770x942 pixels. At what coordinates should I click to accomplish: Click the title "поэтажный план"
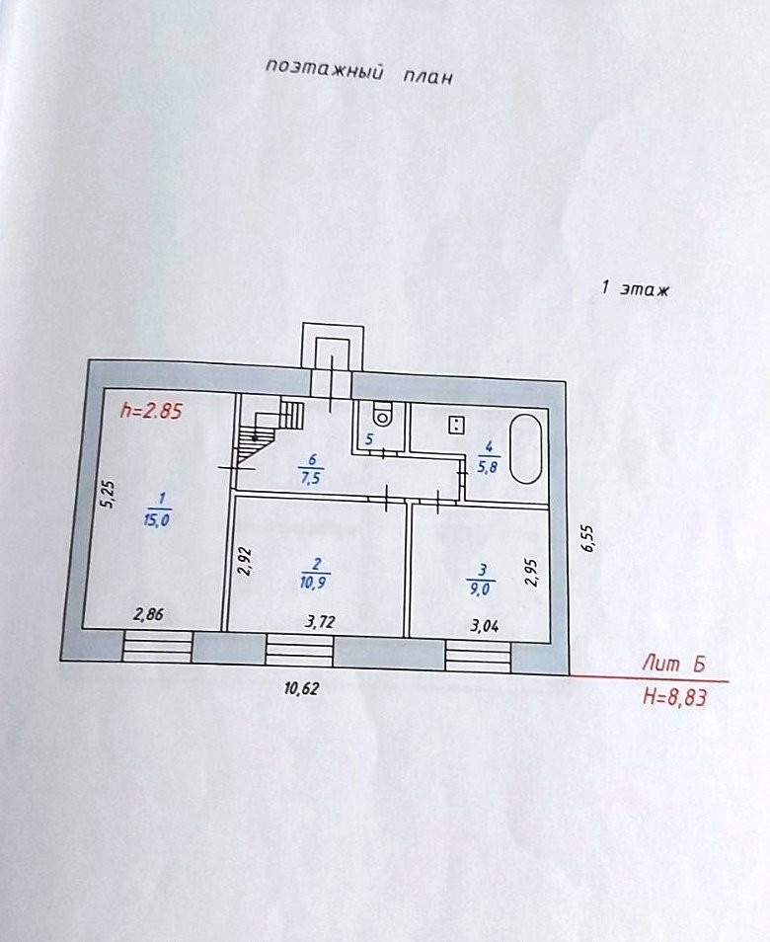coord(358,72)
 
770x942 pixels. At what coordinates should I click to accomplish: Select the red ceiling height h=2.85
coord(151,412)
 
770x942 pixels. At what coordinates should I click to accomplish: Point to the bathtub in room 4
coord(526,448)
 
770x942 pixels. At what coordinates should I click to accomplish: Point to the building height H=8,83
coord(675,697)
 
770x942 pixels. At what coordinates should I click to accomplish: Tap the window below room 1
coord(157,647)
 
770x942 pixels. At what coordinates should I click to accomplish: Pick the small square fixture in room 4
coord(457,426)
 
